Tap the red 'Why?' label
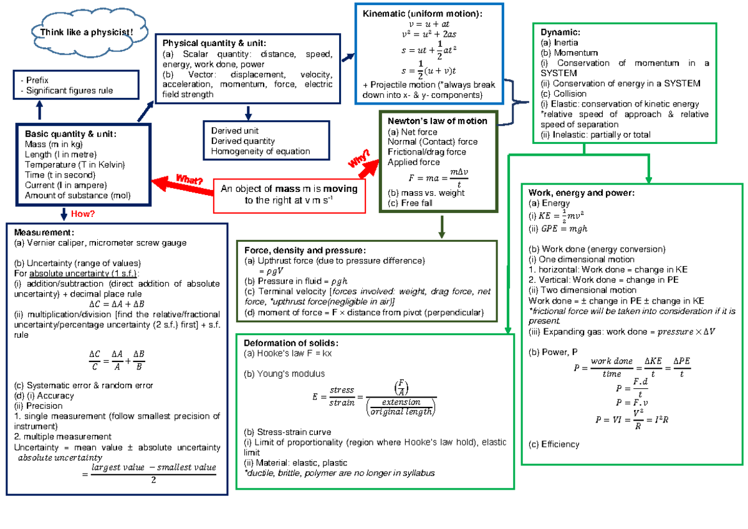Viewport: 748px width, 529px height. pyautogui.click(x=359, y=161)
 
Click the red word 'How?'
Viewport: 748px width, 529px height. pyautogui.click(x=83, y=214)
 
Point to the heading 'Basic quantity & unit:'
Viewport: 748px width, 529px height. pyautogui.click(x=70, y=134)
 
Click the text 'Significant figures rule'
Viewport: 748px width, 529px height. pyautogui.click(x=69, y=90)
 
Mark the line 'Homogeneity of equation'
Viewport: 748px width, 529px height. pyautogui.click(x=260, y=151)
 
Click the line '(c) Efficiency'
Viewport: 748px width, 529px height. pyautogui.click(x=554, y=444)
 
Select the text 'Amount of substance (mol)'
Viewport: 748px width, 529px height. pyautogui.click(x=78, y=196)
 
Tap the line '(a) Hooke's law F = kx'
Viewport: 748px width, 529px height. pyautogui.click(x=288, y=354)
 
